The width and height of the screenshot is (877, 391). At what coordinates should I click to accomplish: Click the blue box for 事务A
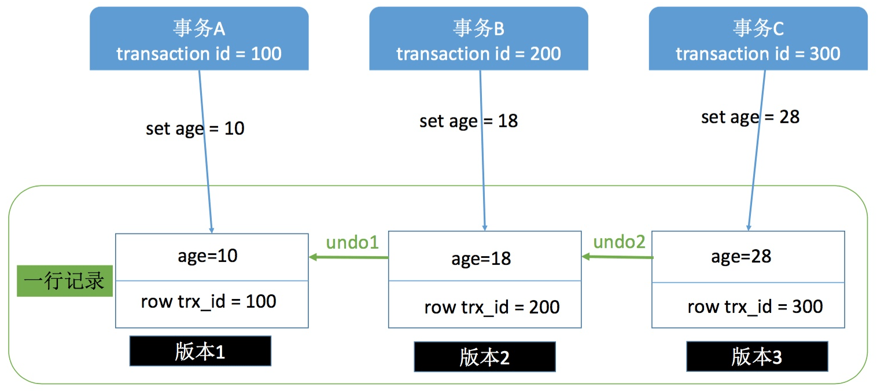(x=198, y=39)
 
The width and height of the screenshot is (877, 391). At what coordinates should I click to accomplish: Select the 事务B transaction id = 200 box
(x=478, y=39)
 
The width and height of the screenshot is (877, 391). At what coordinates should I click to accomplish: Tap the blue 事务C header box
(x=758, y=39)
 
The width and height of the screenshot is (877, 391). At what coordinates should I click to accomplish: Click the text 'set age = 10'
(x=195, y=128)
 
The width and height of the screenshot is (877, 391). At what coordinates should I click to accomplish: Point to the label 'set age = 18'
(x=469, y=121)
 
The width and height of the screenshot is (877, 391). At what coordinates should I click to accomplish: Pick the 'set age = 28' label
(x=750, y=117)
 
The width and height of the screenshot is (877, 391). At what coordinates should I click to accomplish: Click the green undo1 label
(x=352, y=242)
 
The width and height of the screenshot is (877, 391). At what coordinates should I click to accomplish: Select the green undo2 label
(x=619, y=242)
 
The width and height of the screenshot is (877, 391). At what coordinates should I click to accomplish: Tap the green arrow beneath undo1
(x=348, y=257)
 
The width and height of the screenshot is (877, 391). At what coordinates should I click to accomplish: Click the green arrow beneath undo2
(x=617, y=257)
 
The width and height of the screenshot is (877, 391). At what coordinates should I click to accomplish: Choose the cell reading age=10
(x=212, y=256)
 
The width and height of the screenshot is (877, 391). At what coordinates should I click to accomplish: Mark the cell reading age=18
(x=485, y=259)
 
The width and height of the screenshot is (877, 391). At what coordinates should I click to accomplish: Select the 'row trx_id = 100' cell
(x=212, y=302)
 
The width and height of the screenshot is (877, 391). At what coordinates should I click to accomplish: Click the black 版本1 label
(x=200, y=352)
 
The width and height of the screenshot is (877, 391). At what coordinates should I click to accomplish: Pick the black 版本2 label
(x=485, y=357)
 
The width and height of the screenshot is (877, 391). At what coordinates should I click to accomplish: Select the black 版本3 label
(x=757, y=357)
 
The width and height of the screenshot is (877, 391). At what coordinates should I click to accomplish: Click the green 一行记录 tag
(x=64, y=281)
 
